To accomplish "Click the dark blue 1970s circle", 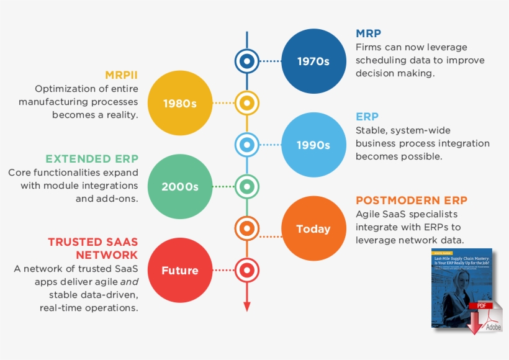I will tap(313, 61).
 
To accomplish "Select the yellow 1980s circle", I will tap(179, 103).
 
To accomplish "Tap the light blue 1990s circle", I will tap(313, 145).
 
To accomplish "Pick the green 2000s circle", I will tap(179, 186).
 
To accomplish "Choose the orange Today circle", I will tap(313, 229).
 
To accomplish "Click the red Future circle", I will tap(179, 270).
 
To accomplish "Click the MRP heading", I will tap(368, 34).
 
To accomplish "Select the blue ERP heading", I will tap(367, 117).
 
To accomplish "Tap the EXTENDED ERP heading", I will tap(92, 159).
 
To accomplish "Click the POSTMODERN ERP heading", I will tap(411, 200).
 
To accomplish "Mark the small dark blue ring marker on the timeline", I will tap(246, 61).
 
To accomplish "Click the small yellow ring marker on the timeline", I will tap(246, 102).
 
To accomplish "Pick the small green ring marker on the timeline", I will tap(246, 186).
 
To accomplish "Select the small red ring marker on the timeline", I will tap(246, 270).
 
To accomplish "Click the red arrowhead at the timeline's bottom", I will tap(246, 305).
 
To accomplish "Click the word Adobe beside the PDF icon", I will tap(493, 327).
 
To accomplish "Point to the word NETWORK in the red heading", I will tap(107, 255).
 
